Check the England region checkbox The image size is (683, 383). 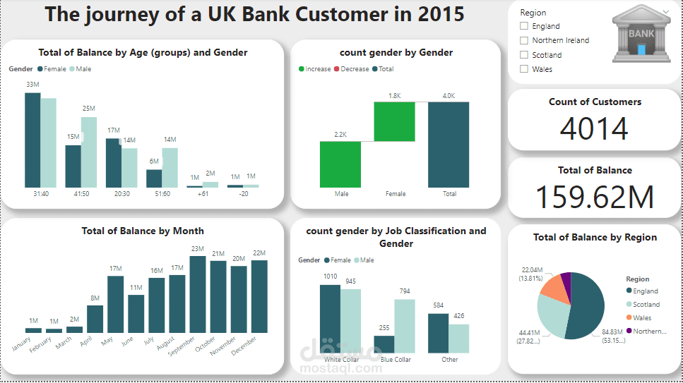click(x=524, y=26)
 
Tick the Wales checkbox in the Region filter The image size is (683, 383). click(x=524, y=69)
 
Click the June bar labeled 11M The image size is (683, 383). click(x=136, y=314)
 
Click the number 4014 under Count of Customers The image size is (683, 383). click(x=594, y=129)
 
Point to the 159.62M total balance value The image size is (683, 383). click(x=595, y=197)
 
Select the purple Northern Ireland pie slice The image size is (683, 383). click(x=565, y=280)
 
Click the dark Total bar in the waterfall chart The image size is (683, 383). click(x=448, y=144)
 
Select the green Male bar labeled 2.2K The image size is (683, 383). click(x=340, y=164)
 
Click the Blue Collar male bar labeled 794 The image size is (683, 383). click(x=405, y=326)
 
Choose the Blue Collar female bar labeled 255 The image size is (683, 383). click(x=384, y=344)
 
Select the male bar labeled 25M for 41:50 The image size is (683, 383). click(x=88, y=152)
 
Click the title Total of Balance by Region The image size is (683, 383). click(x=595, y=238)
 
